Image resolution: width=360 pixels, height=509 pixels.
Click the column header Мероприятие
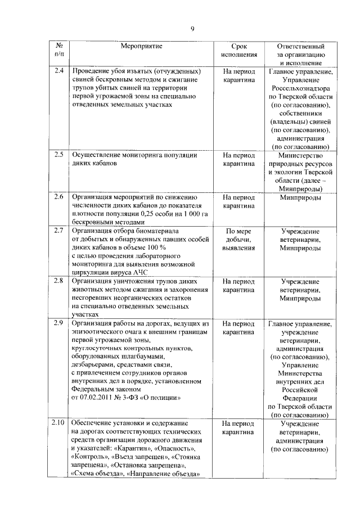(x=141, y=46)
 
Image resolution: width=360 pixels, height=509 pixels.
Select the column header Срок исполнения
(x=238, y=50)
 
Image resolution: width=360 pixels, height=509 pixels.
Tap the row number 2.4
(x=59, y=71)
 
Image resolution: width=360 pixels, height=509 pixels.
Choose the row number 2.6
(x=59, y=197)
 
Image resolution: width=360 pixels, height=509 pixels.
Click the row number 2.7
(x=59, y=231)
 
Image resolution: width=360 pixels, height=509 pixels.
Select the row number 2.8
(x=59, y=280)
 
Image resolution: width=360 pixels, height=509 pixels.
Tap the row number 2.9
(x=59, y=324)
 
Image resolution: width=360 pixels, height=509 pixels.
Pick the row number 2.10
(x=59, y=423)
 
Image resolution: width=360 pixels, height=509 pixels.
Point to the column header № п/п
(x=59, y=50)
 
